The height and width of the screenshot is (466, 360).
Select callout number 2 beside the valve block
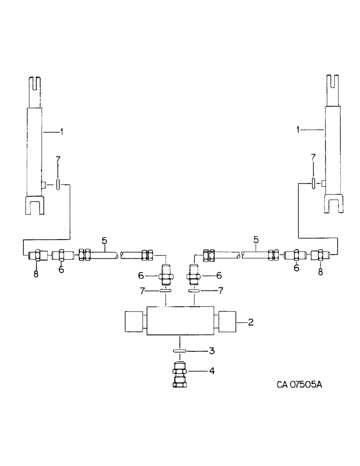click(x=250, y=322)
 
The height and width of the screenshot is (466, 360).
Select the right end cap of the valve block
click(x=227, y=322)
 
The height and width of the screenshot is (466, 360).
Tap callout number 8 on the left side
click(x=36, y=274)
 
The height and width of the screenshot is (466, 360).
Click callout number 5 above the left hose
click(x=104, y=241)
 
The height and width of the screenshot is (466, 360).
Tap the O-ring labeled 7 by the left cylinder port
click(x=57, y=185)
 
